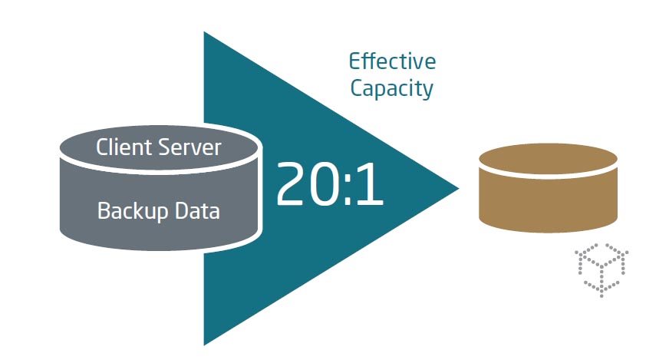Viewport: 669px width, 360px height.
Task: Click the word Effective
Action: click(392, 61)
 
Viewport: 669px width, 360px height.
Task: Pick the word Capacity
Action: click(392, 88)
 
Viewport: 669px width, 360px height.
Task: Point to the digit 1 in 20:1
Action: click(371, 185)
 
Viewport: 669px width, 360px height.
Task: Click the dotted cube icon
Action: click(602, 269)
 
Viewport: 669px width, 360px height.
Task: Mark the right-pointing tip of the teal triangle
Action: click(458, 187)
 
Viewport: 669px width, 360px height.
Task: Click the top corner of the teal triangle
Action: click(205, 33)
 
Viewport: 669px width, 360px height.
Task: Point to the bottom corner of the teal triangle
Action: click(205, 343)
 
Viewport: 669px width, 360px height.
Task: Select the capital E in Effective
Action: click(355, 61)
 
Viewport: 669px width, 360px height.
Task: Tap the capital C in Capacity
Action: click(357, 88)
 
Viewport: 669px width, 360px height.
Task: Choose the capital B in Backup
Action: click(104, 210)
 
